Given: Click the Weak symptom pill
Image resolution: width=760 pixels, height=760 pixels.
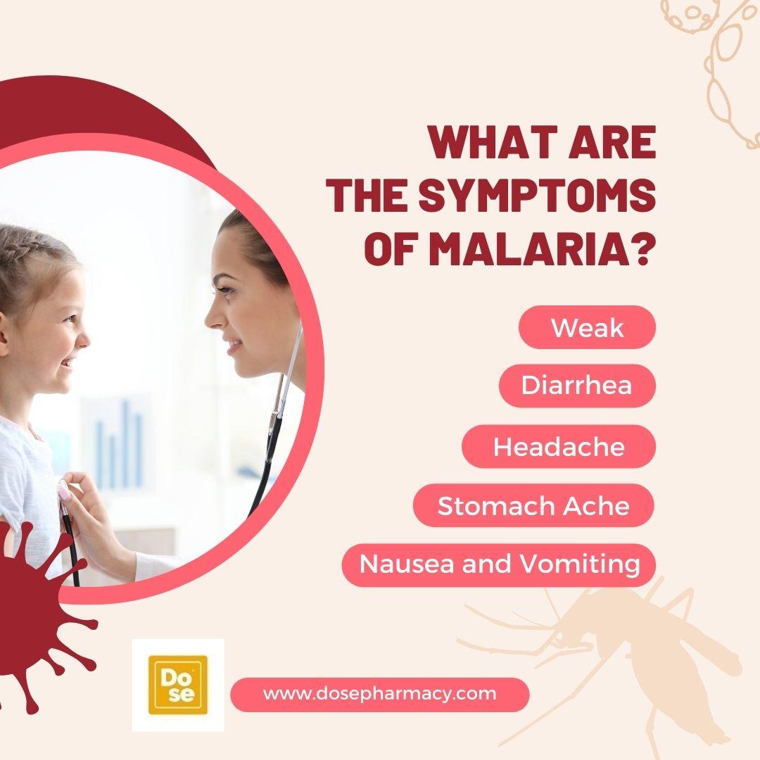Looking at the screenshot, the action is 587,327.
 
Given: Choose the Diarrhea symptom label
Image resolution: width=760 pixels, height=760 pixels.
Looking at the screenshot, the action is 577,386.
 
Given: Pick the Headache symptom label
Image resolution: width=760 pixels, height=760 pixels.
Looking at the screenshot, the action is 558,446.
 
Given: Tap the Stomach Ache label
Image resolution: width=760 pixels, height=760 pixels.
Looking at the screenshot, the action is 533,505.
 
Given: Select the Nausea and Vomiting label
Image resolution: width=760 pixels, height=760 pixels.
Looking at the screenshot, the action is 499,564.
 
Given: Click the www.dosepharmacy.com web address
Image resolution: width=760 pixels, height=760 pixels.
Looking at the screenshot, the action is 379,694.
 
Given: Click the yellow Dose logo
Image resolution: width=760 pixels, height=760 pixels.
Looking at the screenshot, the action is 178,685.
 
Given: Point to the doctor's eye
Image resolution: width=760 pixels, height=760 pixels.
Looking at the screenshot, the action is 224,291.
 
